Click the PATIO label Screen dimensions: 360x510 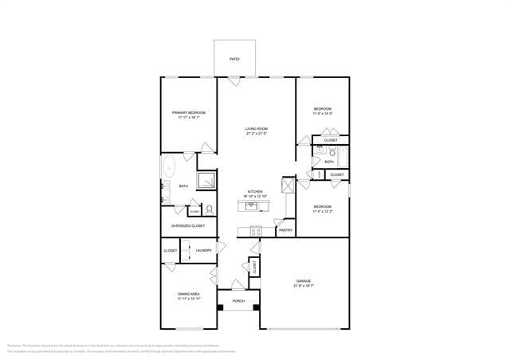point(234,59)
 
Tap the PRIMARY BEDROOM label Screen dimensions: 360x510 point(188,113)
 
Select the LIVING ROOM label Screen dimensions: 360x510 point(256,129)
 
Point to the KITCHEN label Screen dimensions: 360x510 point(255,192)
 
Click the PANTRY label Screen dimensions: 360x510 point(285,231)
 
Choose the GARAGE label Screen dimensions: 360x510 point(304,281)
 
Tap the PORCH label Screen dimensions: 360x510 point(238,301)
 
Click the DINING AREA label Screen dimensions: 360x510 point(189,294)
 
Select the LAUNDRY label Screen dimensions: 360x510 point(203,251)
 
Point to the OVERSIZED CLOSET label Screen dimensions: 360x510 point(188,225)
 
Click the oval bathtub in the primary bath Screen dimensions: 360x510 point(169,167)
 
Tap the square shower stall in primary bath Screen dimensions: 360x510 point(206,181)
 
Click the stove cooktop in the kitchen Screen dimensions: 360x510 point(256,231)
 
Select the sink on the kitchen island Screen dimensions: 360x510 point(252,205)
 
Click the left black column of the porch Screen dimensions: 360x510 point(220,307)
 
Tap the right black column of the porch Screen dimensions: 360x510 point(257,307)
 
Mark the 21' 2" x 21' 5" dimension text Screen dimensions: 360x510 point(256,134)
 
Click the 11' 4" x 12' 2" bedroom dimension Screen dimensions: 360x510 point(322,211)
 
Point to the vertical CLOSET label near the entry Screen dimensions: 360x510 point(254,268)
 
